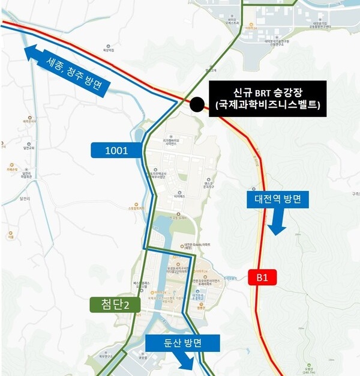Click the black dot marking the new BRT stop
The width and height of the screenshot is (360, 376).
coord(196,105)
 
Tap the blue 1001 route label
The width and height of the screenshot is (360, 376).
coord(116,150)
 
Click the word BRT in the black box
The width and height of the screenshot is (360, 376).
coord(263,93)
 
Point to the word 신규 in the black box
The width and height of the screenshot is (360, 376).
coord(241,93)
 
